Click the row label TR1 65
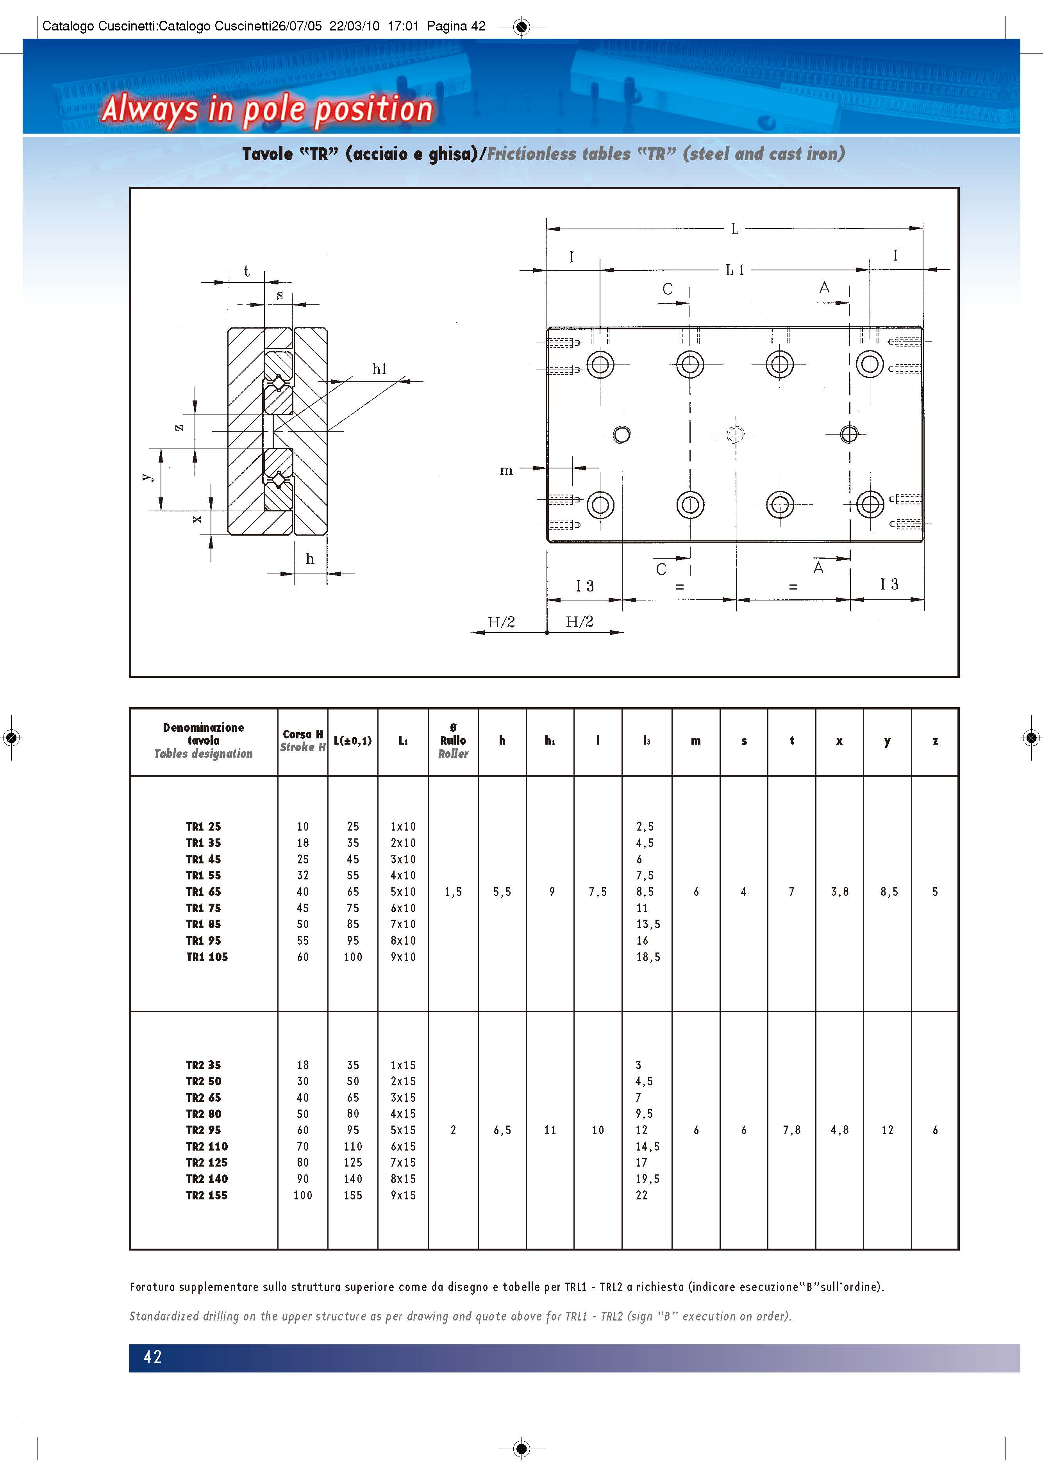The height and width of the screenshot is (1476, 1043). click(x=203, y=892)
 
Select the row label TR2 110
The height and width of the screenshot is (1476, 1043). click(x=207, y=1146)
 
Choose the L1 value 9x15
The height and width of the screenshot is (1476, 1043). click(x=403, y=1195)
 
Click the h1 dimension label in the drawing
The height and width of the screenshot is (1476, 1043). click(x=380, y=369)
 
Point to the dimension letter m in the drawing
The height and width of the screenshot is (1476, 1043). click(x=506, y=470)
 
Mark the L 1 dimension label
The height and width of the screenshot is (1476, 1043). click(x=734, y=270)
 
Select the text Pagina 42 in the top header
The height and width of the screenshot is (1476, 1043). click(x=456, y=26)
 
